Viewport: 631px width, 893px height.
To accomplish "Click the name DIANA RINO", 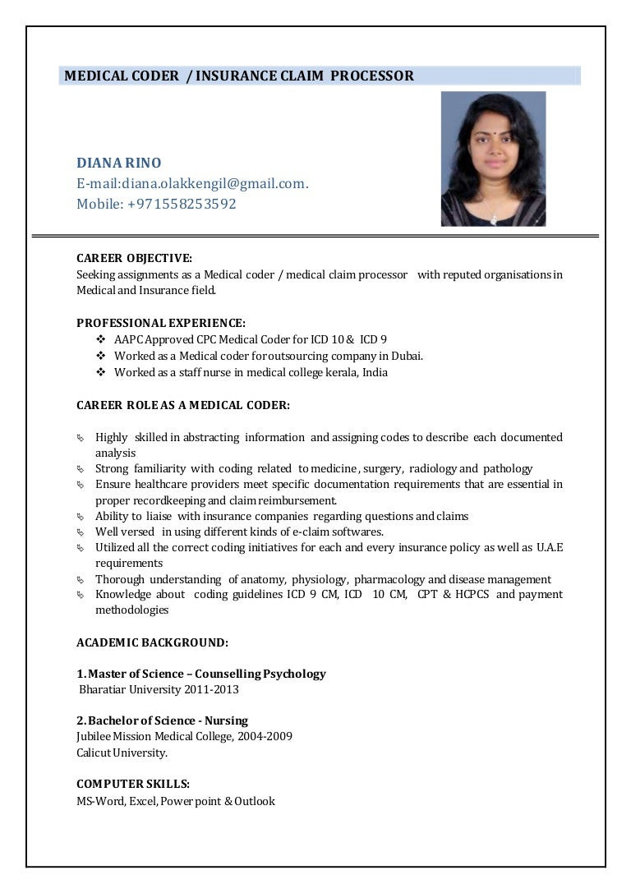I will [119, 163].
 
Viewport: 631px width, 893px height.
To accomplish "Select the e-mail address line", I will [192, 183].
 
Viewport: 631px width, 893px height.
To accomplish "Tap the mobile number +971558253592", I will [182, 204].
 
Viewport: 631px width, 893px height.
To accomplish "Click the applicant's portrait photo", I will [493, 159].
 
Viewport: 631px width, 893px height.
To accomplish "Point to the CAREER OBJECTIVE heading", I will [134, 259].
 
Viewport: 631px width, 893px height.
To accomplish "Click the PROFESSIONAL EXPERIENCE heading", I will [161, 323].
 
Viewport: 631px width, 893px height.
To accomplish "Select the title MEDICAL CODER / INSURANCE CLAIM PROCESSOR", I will [239, 76].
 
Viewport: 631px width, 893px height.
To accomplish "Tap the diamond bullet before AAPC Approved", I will [101, 339].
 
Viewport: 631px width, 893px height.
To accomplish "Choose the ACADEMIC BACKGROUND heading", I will [152, 642].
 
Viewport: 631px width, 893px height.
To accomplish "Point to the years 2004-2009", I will [262, 736].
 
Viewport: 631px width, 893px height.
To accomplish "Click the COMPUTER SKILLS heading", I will [133, 784].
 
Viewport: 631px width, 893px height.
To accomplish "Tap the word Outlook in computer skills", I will [255, 801].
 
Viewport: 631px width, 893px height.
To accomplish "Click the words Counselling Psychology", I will [260, 674].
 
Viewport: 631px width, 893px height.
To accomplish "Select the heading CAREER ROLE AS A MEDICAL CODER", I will [183, 405].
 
